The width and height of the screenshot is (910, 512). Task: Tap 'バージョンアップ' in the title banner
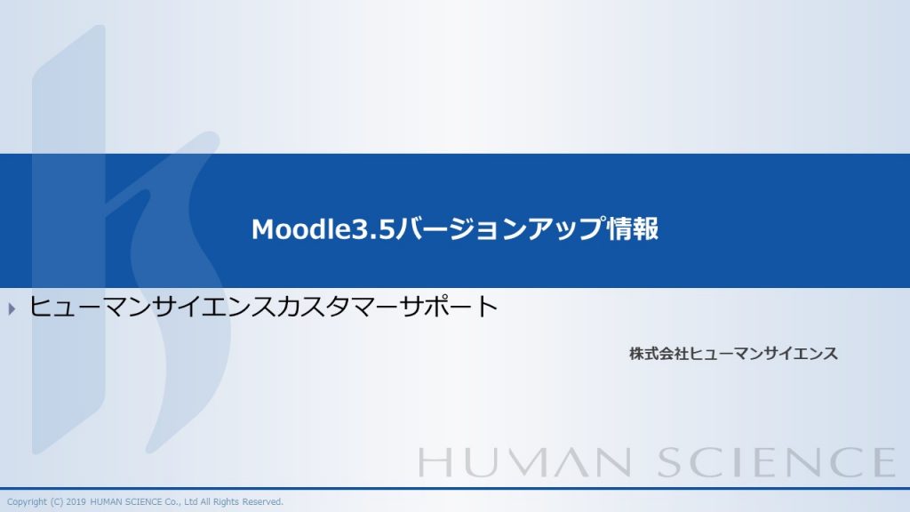499,228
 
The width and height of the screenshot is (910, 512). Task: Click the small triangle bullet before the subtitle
12,308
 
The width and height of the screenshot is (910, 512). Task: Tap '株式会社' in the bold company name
659,354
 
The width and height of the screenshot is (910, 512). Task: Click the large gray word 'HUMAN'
524,462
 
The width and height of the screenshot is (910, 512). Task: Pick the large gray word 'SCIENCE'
777,462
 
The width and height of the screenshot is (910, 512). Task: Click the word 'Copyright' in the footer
27,502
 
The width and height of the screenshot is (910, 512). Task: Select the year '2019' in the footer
76,501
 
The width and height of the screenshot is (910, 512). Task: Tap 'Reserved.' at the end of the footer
262,501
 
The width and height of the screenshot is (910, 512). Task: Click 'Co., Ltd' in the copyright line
181,501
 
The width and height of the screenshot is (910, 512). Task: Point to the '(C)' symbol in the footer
56,502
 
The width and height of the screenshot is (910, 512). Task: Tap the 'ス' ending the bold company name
831,354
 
